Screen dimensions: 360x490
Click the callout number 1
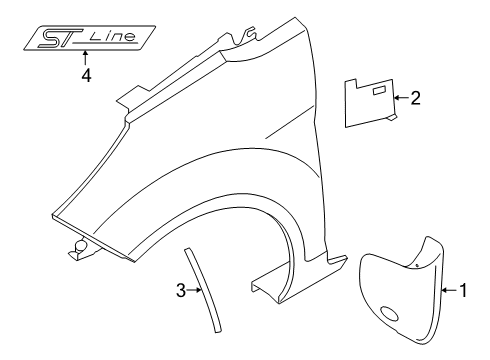click(x=462, y=292)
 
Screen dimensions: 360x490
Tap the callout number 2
click(x=415, y=98)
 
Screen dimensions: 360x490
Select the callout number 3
click(x=181, y=291)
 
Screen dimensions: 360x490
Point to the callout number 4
click(x=86, y=75)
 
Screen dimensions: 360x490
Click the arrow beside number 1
click(x=448, y=292)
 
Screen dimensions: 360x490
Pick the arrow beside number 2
click(x=401, y=98)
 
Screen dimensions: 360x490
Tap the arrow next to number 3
click(x=195, y=291)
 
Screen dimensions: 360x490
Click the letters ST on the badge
click(x=62, y=38)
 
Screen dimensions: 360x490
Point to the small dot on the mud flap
click(x=412, y=268)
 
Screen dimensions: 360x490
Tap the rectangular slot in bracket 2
click(x=380, y=91)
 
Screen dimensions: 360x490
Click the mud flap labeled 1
click(x=400, y=290)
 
